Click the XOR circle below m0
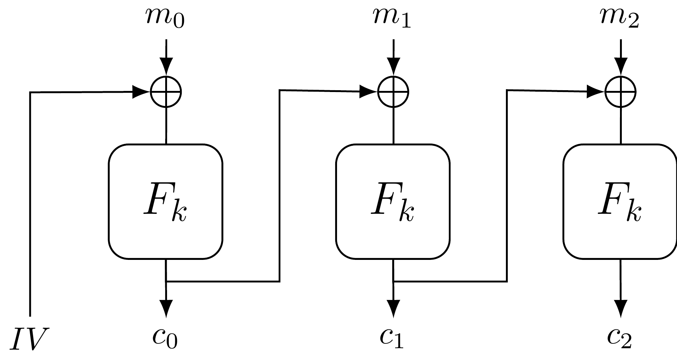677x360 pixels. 166,92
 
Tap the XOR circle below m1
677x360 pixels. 393,92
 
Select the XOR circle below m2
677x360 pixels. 621,92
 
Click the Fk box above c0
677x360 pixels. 166,201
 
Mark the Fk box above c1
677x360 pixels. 393,201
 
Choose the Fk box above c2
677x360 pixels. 620,201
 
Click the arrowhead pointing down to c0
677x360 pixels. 166,307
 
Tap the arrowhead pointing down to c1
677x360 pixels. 394,307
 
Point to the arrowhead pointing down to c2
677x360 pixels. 621,307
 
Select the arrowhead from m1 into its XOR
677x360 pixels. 394,66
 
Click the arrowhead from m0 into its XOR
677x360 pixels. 166,66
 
